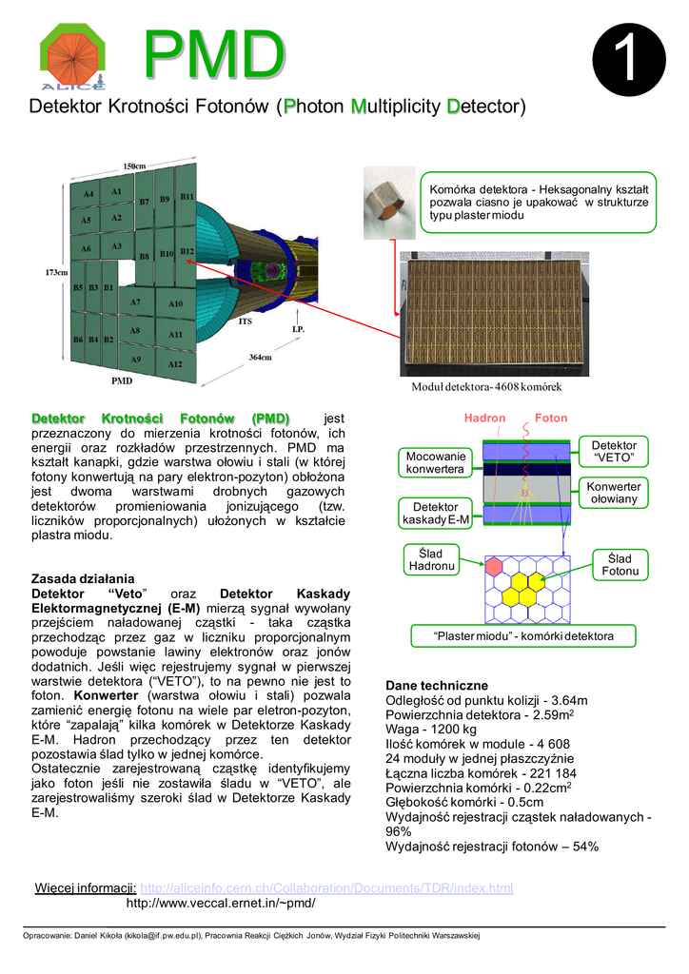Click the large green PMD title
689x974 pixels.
click(213, 54)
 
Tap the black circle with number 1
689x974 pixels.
click(628, 61)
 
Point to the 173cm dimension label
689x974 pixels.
click(56, 273)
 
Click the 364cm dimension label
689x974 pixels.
click(261, 358)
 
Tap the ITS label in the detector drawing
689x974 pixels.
click(245, 321)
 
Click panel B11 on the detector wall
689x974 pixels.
click(187, 197)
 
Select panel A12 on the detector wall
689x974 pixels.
click(175, 364)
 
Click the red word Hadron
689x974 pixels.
click(484, 418)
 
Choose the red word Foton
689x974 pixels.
click(551, 418)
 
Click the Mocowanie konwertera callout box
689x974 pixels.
click(435, 462)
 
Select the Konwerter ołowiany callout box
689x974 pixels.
click(614, 493)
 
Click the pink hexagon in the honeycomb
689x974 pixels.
click(494, 566)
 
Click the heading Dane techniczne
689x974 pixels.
click(436, 685)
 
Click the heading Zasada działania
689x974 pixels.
click(83, 578)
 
